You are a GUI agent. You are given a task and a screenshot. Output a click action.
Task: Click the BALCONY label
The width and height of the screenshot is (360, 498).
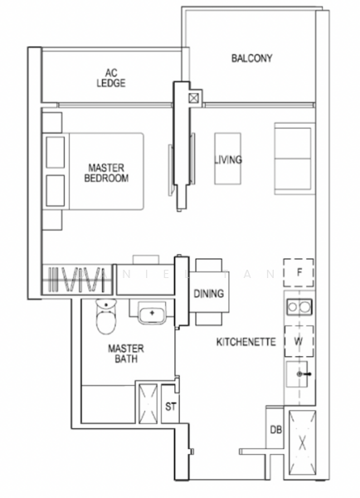point(252,59)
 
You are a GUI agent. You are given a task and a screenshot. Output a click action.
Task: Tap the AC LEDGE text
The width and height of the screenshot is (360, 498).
point(109,78)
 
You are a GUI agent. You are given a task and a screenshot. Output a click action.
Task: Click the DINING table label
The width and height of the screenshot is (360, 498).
point(208,294)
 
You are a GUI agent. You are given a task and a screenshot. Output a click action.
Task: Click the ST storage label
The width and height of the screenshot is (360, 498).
point(170,406)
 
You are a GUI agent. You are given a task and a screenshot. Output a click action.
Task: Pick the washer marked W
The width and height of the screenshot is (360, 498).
point(299,341)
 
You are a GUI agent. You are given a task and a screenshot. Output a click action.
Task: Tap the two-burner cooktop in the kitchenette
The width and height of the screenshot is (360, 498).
point(299,308)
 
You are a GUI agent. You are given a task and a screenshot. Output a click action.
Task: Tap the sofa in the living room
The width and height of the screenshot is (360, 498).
point(292,157)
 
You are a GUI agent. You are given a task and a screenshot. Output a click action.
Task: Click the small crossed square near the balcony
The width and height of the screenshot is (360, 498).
point(194,97)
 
